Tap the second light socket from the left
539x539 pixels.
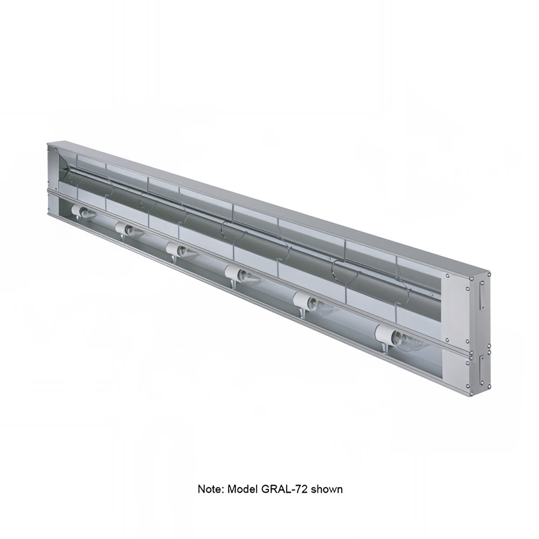coord(125,229)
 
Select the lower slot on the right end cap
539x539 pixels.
coord(481,372)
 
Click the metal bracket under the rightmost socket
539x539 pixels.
coord(384,348)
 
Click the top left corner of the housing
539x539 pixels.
coord(48,143)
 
